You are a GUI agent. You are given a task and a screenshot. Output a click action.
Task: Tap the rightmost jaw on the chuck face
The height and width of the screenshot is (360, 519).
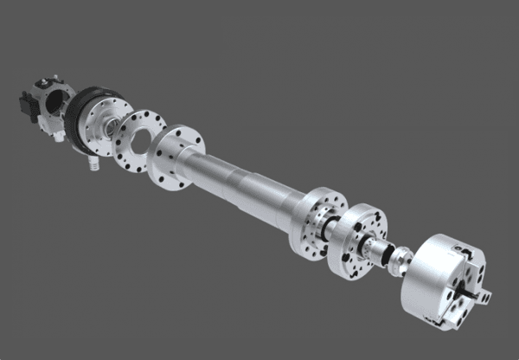coord(489,296)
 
